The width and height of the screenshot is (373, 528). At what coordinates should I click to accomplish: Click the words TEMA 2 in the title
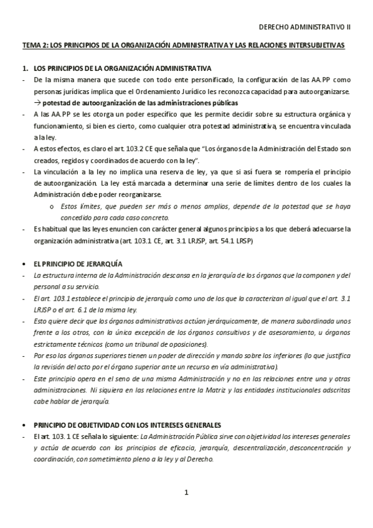(x=34, y=46)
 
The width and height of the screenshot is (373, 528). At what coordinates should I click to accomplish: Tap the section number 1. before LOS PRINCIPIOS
(x=24, y=68)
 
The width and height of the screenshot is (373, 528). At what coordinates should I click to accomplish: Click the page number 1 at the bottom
(x=186, y=493)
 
